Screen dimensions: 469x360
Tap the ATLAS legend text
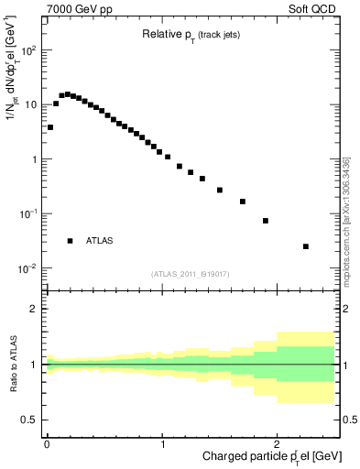click(x=99, y=241)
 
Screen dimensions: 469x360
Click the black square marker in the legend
click(x=70, y=241)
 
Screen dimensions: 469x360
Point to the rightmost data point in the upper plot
click(x=306, y=246)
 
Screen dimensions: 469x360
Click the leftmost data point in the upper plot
click(x=49, y=127)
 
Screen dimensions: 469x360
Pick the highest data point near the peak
click(x=68, y=94)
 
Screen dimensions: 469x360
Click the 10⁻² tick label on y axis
click(x=27, y=268)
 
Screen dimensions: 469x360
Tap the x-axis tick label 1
click(x=162, y=444)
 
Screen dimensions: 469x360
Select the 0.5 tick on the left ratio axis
click(x=31, y=420)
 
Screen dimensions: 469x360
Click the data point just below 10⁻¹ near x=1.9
click(x=266, y=221)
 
